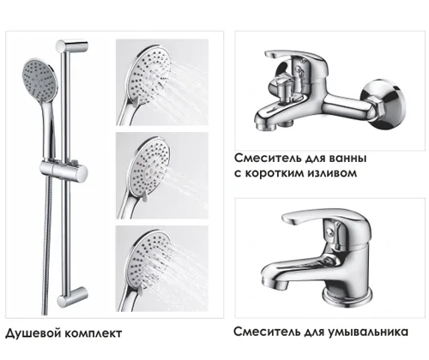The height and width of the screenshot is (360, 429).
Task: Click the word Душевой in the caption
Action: [32, 333]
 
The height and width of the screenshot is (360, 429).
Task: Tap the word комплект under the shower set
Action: [92, 333]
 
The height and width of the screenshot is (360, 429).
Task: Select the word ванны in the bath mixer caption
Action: [347, 158]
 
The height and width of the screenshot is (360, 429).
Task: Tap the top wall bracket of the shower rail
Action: [72, 45]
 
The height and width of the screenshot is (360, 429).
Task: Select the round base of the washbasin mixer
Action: [347, 298]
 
